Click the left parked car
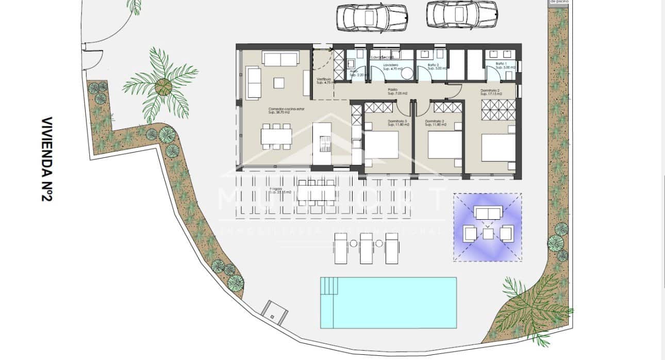coord(371,17)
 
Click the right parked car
coord(462,14)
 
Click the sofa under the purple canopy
coord(488,214)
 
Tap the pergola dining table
coord(317,191)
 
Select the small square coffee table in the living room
coord(278,83)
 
